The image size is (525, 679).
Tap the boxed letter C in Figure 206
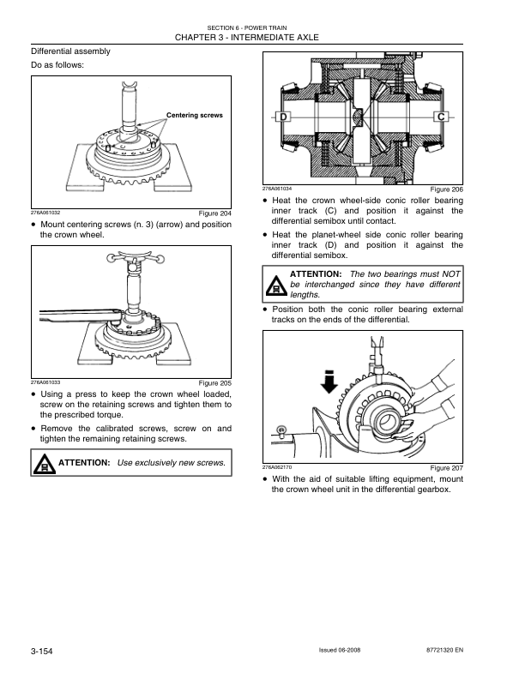442,117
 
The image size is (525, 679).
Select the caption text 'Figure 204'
214,213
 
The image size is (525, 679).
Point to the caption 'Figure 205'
214,382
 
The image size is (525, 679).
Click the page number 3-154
42,652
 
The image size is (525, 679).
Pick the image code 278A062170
278,466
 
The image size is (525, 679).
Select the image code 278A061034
278,188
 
